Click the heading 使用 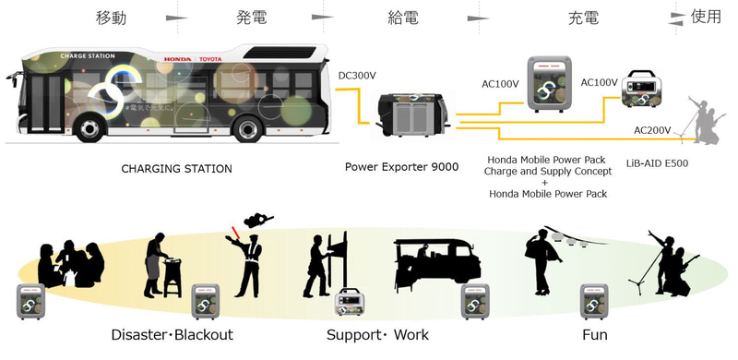[x=708, y=17]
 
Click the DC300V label [x=357, y=76]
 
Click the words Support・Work [x=377, y=333]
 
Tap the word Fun [x=594, y=333]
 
